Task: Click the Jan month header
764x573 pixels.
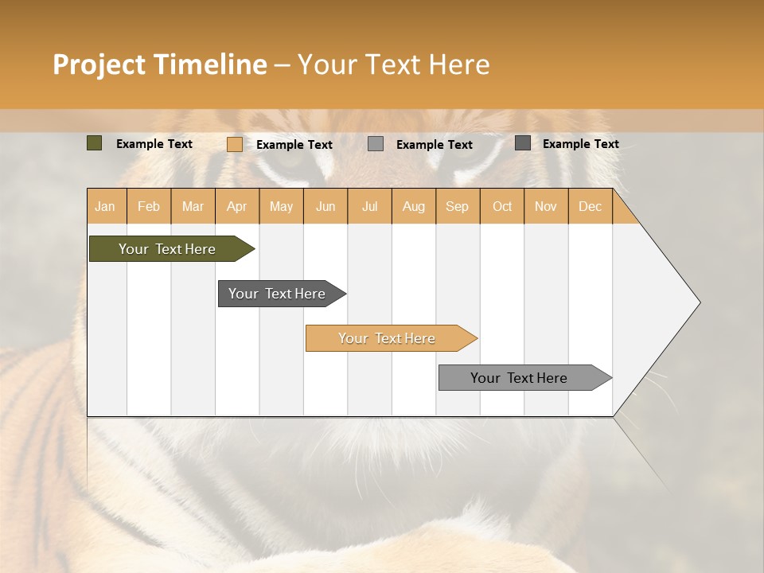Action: pyautogui.click(x=105, y=206)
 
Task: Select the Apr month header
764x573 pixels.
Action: pyautogui.click(x=236, y=206)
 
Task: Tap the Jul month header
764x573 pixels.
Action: pyautogui.click(x=369, y=206)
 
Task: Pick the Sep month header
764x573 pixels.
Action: pyautogui.click(x=457, y=206)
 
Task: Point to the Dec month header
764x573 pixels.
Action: pyautogui.click(x=590, y=206)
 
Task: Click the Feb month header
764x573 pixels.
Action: pyautogui.click(x=149, y=206)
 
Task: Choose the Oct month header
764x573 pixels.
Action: pyautogui.click(x=502, y=206)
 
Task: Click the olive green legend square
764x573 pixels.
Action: pyautogui.click(x=94, y=143)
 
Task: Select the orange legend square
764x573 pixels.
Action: pyautogui.click(x=234, y=144)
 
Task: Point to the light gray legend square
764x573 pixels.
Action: pyautogui.click(x=376, y=144)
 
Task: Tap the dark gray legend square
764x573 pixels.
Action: pyautogui.click(x=522, y=143)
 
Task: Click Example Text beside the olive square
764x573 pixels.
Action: pyautogui.click(x=154, y=144)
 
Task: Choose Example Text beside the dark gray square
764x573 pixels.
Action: pyautogui.click(x=581, y=144)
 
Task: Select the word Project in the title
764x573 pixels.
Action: pyautogui.click(x=99, y=64)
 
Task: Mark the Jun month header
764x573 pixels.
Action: pyautogui.click(x=325, y=206)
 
